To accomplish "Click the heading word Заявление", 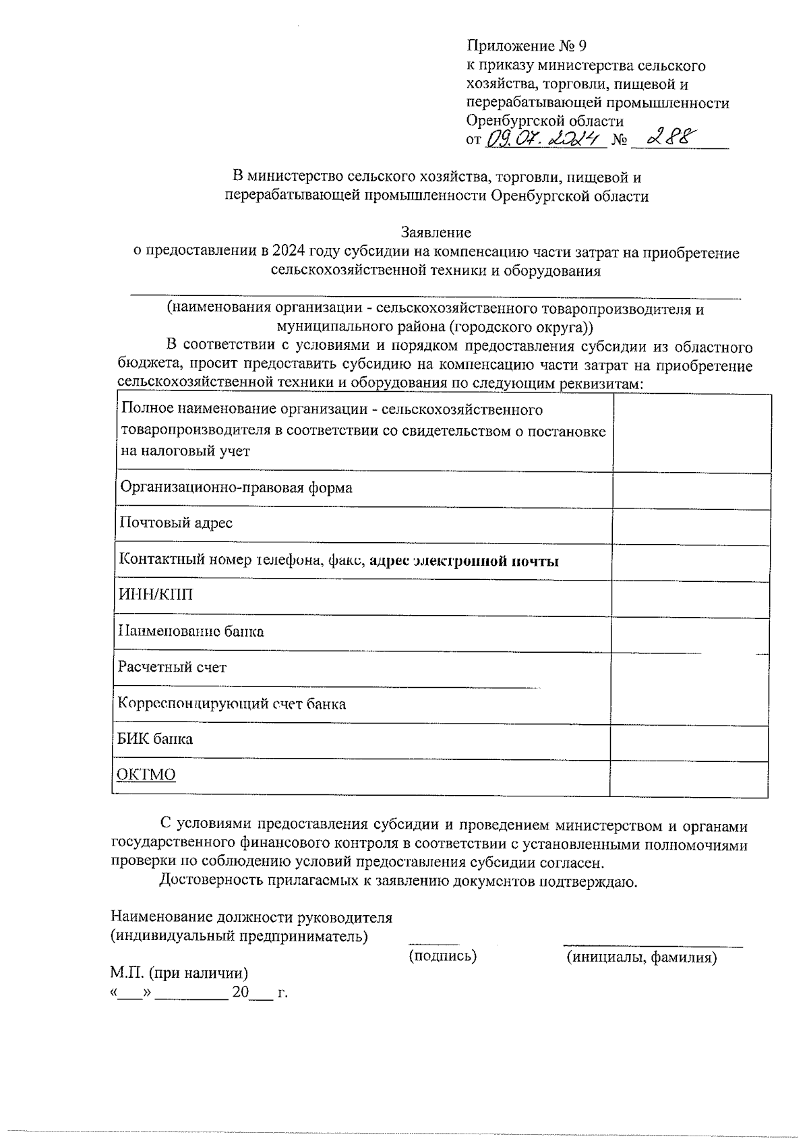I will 436,233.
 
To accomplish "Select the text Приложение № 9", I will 527,47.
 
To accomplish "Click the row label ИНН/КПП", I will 156,595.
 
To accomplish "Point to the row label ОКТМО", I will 146,774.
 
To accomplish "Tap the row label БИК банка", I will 155,738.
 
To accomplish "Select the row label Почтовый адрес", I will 176,523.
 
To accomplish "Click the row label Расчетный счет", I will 172,667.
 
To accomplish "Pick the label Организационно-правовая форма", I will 236,487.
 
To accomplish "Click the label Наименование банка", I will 191,631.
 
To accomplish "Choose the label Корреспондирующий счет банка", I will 232,703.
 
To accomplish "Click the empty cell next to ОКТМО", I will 688,780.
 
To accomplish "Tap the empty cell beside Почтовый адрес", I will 690,527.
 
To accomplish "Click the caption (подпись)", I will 443,956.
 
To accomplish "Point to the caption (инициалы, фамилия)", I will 641,957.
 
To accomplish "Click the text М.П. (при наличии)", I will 179,973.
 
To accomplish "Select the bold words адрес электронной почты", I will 465,560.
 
